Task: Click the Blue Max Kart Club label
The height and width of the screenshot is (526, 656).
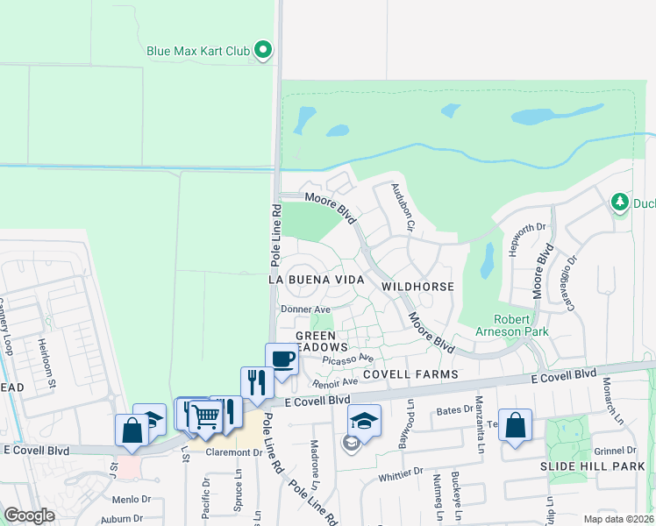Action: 198,51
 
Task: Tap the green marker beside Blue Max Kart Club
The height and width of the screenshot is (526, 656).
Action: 263,51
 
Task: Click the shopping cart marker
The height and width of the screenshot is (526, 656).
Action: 204,416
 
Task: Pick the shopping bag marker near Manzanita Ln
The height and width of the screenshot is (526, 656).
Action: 515,425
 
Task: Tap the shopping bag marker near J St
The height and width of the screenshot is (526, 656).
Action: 132,430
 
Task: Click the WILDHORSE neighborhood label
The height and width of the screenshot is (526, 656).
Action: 417,287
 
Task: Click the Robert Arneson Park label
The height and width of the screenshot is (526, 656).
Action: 522,325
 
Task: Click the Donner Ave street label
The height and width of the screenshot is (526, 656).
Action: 304,309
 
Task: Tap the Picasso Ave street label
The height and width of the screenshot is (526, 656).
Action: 348,359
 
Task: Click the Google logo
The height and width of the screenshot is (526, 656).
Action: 29,515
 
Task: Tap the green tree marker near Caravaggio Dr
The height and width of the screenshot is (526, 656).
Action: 620,203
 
